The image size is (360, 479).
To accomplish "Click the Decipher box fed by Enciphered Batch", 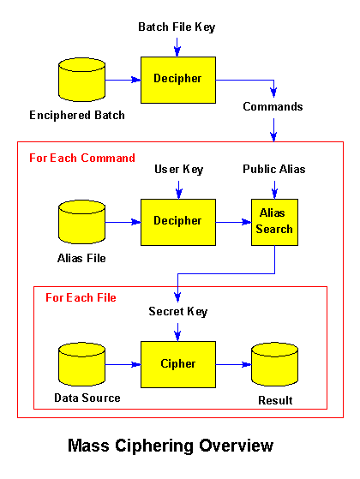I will coord(177,79).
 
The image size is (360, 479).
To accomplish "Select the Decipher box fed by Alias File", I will coord(177,221).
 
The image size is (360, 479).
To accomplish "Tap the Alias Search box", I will coord(273,222).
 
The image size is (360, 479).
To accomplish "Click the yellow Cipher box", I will coord(177,364).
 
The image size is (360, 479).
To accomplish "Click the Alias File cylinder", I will coord(77,222).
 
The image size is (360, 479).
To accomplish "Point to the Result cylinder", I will coord(273,365).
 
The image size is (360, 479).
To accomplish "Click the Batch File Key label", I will coord(177,27).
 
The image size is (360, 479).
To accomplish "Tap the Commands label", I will coord(273,107).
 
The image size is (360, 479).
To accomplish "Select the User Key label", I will coord(177,170).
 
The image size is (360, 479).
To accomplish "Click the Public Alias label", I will coord(273,170).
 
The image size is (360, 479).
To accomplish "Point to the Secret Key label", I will coord(177,312).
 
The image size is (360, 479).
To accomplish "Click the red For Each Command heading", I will coord(82,159).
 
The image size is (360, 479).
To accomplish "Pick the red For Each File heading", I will coord(81,298).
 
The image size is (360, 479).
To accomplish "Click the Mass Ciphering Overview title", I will coord(171,446).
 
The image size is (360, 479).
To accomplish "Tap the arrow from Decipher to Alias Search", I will coord(232,221).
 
